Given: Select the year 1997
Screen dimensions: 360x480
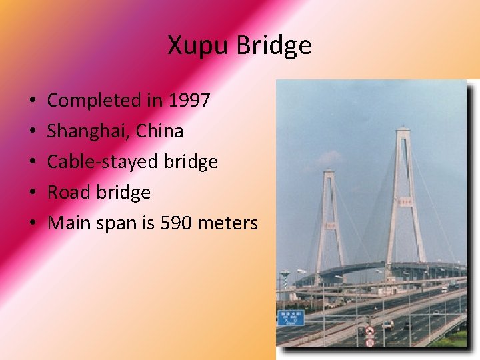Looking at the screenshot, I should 190,101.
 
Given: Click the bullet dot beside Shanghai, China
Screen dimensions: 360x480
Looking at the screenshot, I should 33,132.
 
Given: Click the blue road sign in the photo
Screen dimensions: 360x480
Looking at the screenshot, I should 291,317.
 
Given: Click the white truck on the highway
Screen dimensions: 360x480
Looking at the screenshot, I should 387,325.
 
